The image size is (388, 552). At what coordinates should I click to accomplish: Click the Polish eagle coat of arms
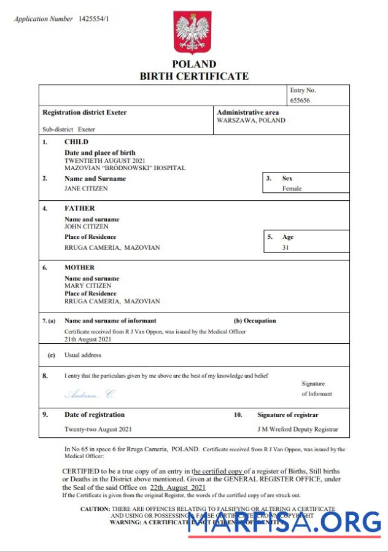[x=193, y=33]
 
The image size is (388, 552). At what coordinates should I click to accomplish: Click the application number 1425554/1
[x=95, y=19]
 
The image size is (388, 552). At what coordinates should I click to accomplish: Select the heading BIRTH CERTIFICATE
[x=194, y=77]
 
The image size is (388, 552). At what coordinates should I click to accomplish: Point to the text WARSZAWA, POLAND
[x=251, y=121]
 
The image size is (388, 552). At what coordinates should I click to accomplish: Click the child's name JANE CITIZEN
[x=86, y=189]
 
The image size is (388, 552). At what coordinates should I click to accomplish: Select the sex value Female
[x=292, y=189]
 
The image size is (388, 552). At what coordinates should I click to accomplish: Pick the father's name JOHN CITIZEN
[x=87, y=227]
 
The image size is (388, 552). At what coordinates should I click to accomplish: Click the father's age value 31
[x=285, y=248]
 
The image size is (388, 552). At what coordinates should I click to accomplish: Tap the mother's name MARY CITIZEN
[x=88, y=286]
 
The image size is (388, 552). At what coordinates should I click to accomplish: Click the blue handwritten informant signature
[x=89, y=394]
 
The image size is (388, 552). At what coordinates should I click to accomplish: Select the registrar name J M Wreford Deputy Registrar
[x=297, y=429]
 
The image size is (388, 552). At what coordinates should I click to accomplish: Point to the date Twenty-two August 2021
[x=98, y=429]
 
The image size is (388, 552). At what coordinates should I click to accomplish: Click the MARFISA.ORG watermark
[x=284, y=523]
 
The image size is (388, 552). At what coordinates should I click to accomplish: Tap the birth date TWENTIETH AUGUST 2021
[x=106, y=160]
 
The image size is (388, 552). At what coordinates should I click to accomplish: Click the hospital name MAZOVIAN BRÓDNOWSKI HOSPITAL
[x=125, y=168]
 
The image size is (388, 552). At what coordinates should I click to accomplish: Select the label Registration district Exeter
[x=84, y=112]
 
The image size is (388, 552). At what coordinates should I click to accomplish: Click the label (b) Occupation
[x=255, y=321]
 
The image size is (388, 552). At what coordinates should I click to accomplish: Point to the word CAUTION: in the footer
[x=95, y=509]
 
